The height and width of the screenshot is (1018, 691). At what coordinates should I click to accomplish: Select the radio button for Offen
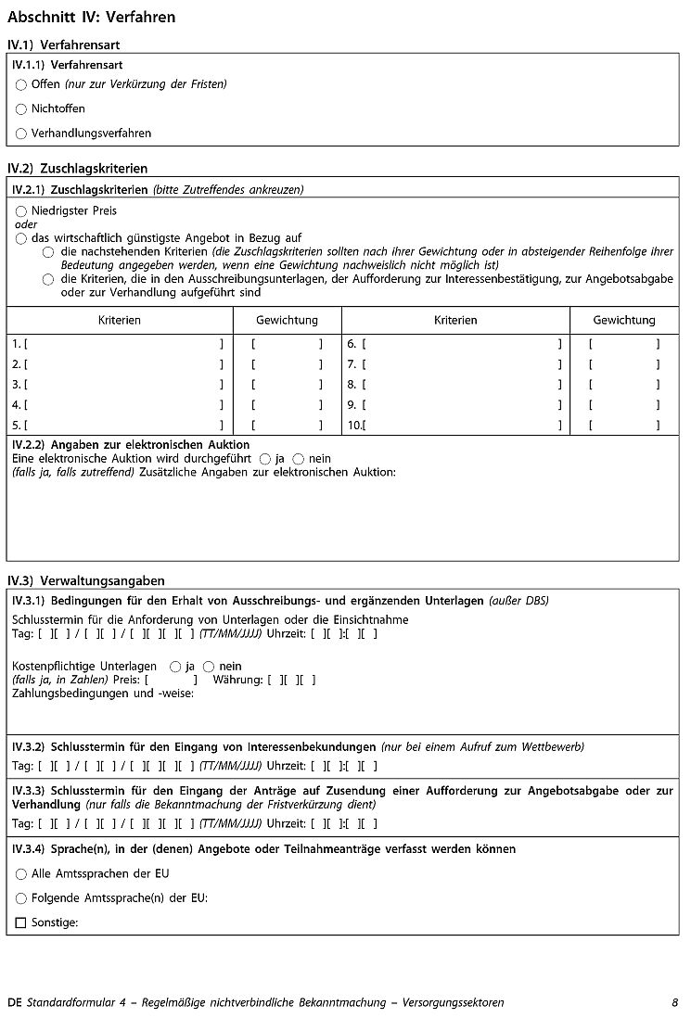21,84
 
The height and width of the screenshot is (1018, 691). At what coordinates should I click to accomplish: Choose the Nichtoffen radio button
21,109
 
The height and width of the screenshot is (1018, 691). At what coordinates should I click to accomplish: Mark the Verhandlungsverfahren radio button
21,134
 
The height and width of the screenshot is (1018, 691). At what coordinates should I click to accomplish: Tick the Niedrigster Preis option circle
21,211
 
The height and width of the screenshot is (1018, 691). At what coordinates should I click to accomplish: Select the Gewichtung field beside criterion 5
287,426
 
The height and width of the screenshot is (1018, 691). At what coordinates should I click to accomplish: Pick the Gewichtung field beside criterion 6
624,344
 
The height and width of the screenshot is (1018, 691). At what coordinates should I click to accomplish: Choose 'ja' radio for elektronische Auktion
265,459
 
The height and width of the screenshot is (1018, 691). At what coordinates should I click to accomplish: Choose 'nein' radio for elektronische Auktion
298,459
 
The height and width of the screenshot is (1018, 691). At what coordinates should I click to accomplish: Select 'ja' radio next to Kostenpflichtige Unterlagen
175,667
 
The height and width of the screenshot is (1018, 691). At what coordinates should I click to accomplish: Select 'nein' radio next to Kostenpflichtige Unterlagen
209,667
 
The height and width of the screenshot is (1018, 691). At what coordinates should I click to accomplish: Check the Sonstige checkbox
21,923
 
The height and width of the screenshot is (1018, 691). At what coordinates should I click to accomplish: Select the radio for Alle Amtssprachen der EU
21,874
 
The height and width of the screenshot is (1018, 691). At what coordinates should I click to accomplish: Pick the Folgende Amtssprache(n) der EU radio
21,898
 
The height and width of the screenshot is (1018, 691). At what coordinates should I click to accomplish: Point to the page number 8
674,1003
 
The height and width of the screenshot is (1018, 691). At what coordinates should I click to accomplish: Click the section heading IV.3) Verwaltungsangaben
85,580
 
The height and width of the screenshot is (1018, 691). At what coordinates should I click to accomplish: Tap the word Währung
237,681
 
